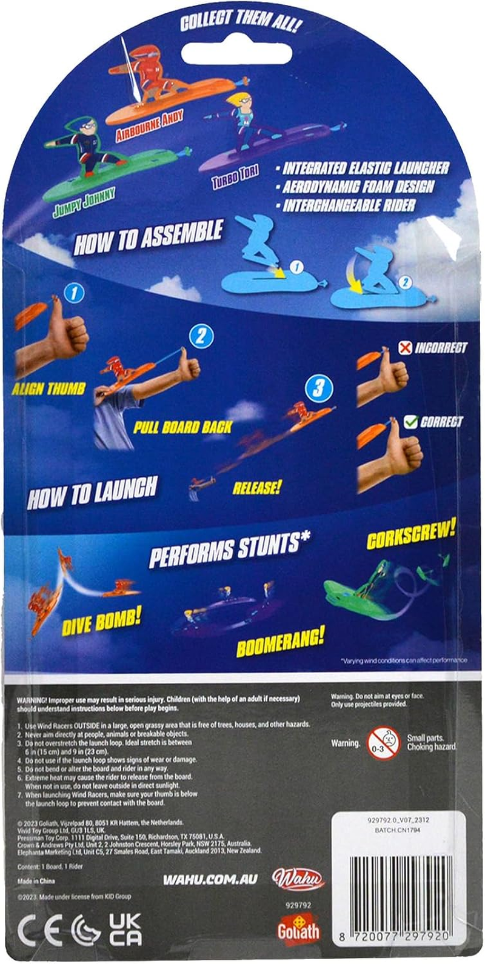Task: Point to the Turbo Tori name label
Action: click(x=235, y=177)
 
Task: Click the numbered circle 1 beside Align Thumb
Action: click(x=74, y=294)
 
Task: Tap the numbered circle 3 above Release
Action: click(x=318, y=388)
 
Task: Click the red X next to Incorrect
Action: click(x=405, y=348)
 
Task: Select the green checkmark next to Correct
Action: click(x=410, y=422)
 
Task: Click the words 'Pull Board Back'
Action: click(x=182, y=427)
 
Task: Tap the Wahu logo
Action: click(x=298, y=879)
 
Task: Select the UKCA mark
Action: click(x=125, y=930)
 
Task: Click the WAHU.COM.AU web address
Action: click(x=210, y=879)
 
